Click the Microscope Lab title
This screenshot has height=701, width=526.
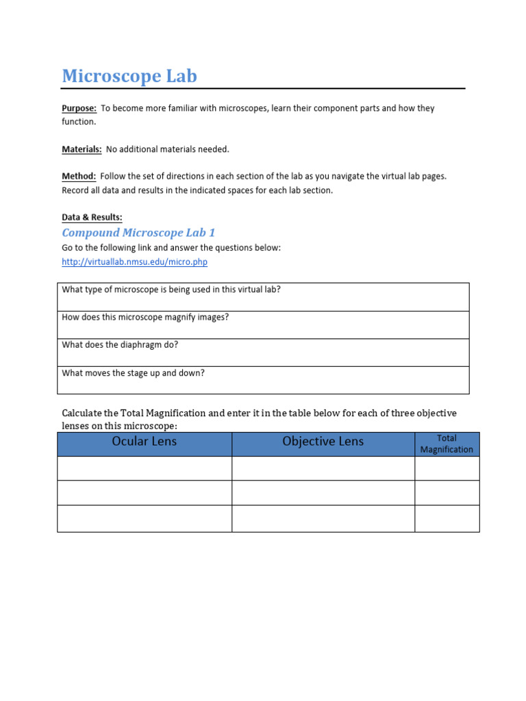[x=129, y=76]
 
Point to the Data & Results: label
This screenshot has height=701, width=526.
[x=92, y=218]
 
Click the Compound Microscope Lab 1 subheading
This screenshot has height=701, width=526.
[x=138, y=233]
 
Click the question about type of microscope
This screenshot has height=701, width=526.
[x=171, y=290]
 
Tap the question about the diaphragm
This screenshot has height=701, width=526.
[x=120, y=345]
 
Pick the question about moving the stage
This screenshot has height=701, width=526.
[x=134, y=373]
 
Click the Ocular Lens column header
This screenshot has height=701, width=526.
[x=144, y=442]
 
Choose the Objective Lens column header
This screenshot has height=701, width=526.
[x=323, y=442]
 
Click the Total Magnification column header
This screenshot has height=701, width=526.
[x=447, y=444]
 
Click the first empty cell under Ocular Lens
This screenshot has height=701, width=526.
[x=144, y=468]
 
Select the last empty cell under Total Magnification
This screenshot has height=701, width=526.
[x=447, y=519]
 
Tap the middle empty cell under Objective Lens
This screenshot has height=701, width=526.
[x=323, y=493]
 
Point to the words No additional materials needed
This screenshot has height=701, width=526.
[x=168, y=149]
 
